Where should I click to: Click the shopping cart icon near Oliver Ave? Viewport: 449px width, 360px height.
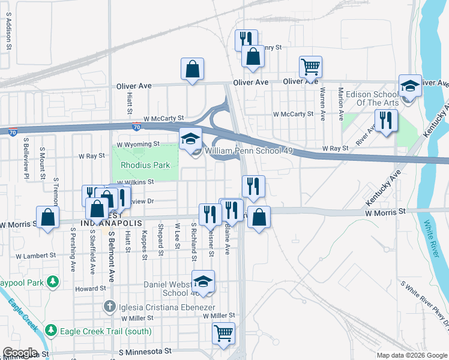click(x=310, y=67)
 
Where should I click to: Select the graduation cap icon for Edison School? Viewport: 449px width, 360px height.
click(x=410, y=85)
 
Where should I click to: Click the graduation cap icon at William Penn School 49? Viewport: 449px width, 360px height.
click(x=190, y=139)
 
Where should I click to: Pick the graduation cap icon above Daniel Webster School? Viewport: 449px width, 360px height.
click(x=203, y=281)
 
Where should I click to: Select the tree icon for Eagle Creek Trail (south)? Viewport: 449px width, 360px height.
click(x=51, y=330)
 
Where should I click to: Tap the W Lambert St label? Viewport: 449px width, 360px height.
click(x=35, y=255)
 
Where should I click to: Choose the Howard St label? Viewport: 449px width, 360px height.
click(x=91, y=289)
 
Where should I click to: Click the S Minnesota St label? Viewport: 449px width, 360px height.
click(x=146, y=351)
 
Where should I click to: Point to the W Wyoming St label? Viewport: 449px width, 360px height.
click(x=138, y=144)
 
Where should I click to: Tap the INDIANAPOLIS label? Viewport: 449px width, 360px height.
click(x=112, y=223)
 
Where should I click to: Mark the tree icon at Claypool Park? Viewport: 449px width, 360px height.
click(x=53, y=281)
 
